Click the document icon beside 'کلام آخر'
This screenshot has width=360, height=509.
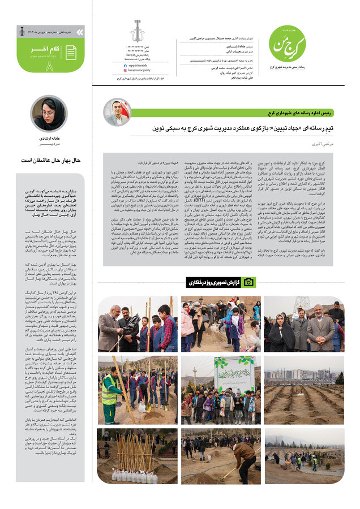tap(71, 53)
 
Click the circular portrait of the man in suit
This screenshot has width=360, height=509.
tap(117, 112)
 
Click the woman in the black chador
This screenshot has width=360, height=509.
tap(281, 334)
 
